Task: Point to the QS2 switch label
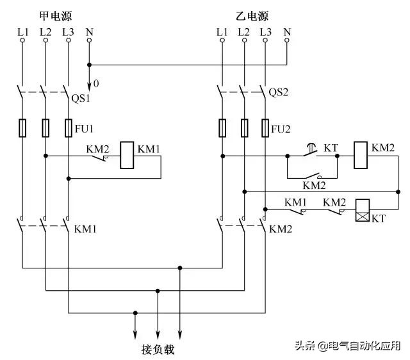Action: pos(279,92)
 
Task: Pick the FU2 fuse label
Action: pos(281,127)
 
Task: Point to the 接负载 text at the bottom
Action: pos(158,350)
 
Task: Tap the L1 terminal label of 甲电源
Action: pos(23,31)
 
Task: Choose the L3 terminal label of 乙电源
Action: pos(266,31)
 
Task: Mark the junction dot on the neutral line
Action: pos(89,64)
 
